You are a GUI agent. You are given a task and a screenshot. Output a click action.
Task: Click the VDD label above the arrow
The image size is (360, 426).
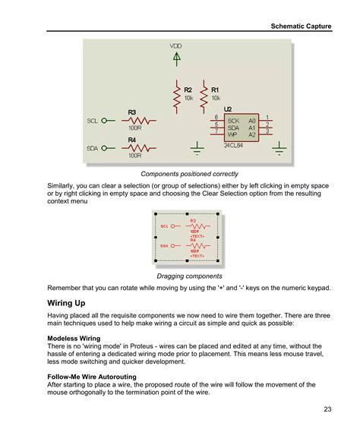pos(176,46)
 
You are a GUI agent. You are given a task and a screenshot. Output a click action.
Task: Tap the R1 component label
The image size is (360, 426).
pos(215,90)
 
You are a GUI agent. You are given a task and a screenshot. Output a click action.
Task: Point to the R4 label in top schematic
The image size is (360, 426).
pos(131,140)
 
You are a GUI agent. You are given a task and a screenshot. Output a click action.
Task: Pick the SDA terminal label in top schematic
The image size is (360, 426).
pos(93,148)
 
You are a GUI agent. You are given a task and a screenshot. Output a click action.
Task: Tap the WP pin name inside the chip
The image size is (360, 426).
pos(232,133)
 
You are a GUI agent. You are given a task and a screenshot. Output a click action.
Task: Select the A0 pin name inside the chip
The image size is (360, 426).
pos(252,120)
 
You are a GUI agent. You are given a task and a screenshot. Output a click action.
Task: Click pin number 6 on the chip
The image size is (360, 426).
pos(216,117)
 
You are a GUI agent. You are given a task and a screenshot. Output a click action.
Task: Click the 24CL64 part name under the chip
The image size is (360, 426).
pos(234,145)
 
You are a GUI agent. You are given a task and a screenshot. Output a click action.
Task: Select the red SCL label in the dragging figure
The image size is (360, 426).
pos(164,226)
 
